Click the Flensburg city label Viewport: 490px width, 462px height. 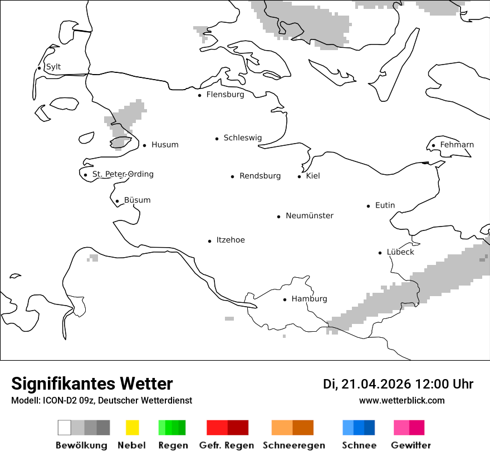point(225,95)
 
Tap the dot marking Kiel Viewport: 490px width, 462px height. point(300,176)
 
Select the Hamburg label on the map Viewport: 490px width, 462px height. point(309,299)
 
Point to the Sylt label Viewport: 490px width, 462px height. point(53,67)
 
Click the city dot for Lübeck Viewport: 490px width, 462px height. point(380,253)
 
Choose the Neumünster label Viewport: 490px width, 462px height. point(310,215)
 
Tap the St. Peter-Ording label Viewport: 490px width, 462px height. point(122,174)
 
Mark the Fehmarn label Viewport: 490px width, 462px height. point(457,145)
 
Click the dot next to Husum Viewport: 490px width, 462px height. point(144,145)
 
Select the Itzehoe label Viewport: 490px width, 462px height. point(231,240)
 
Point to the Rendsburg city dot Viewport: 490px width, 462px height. point(233,176)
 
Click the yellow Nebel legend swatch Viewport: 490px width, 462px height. point(133,427)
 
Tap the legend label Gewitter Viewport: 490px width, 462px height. point(411,445)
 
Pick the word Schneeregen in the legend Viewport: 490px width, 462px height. point(293,445)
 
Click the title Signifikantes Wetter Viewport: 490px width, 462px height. point(92,384)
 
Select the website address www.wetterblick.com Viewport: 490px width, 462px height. point(401,400)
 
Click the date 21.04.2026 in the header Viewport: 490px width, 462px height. point(376,384)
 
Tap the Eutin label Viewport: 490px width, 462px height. point(385,205)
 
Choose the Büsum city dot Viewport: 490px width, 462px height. point(117,201)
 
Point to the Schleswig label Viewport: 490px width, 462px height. point(242,137)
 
